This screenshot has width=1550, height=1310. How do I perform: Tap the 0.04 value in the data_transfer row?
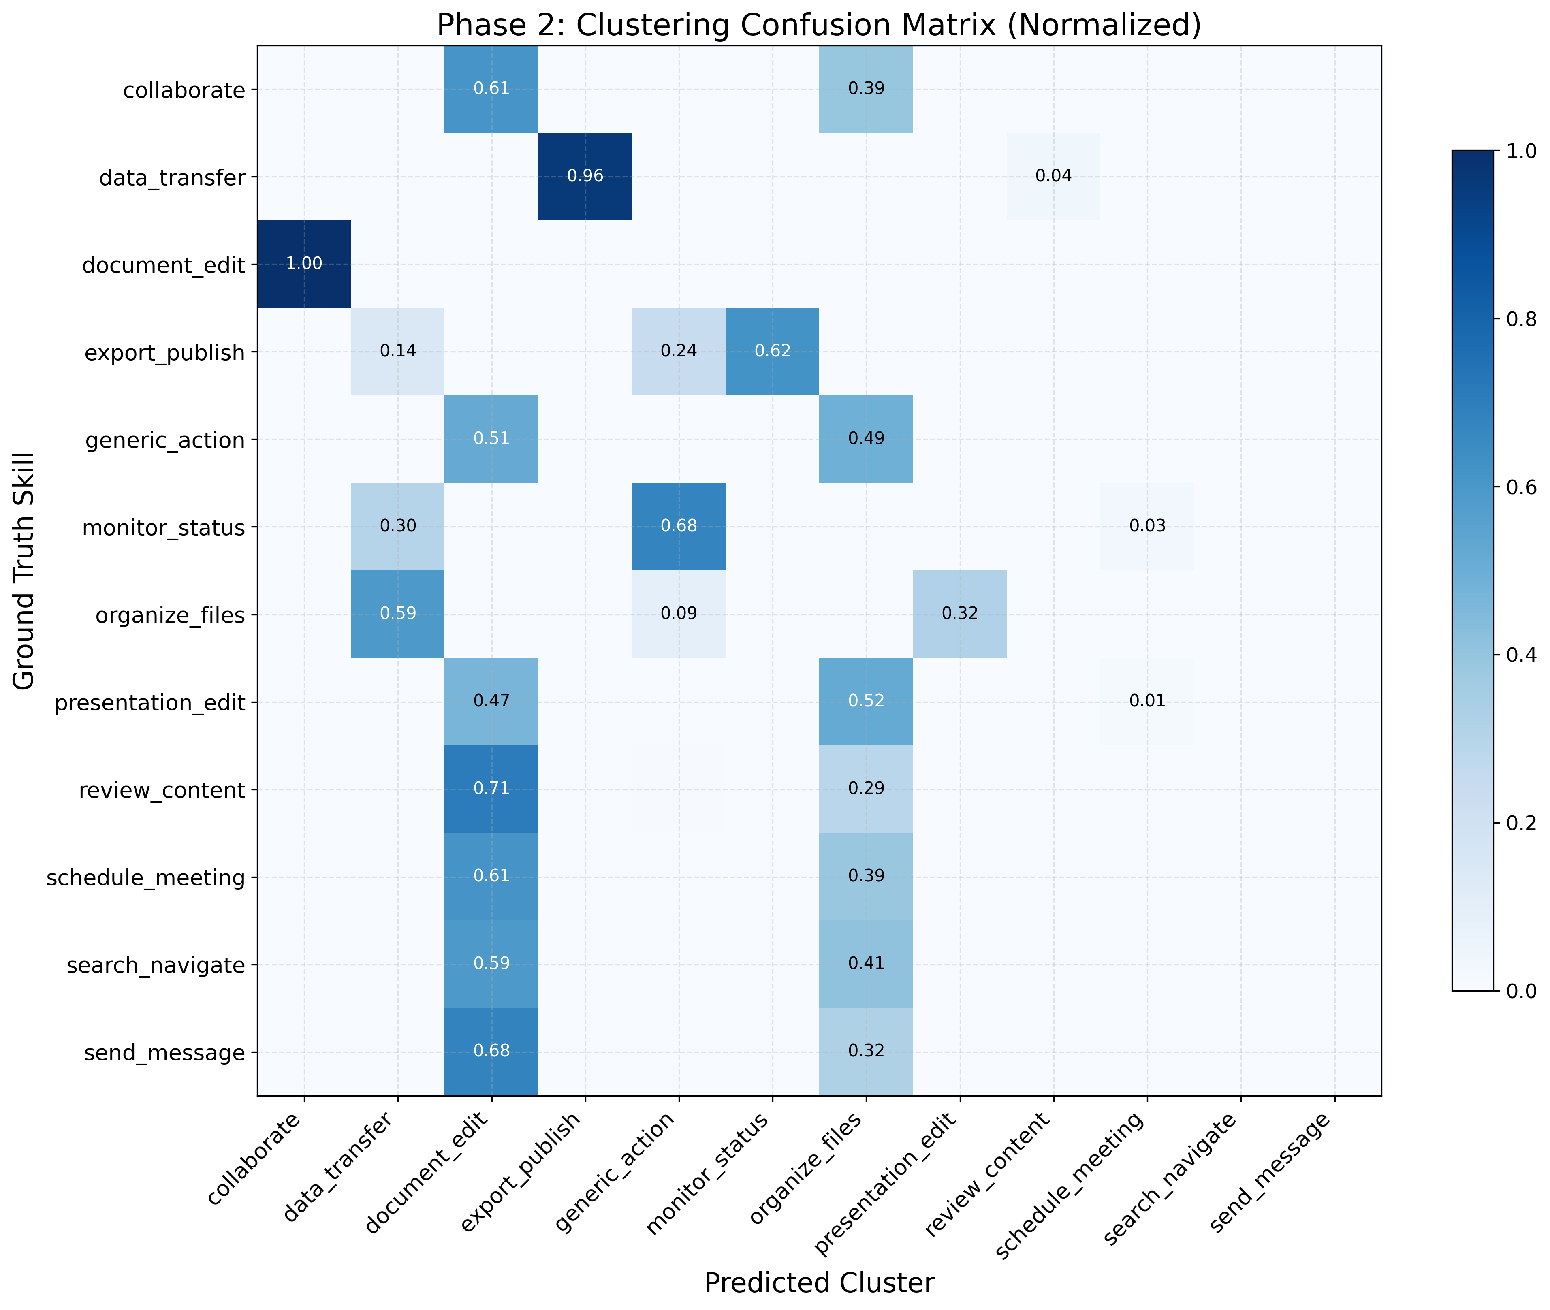click(x=1053, y=176)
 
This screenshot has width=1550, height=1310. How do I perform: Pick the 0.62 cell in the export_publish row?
click(x=773, y=351)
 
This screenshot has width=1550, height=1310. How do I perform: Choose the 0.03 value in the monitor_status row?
click(x=1147, y=527)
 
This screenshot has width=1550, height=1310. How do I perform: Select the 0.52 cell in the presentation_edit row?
click(x=866, y=701)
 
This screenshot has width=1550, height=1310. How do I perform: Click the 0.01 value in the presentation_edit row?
click(x=1147, y=701)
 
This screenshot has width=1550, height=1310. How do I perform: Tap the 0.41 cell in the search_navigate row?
click(x=866, y=964)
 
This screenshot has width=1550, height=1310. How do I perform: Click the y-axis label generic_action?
click(x=165, y=440)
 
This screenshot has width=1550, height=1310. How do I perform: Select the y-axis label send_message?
click(x=164, y=1053)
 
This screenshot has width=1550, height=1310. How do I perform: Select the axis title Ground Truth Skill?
click(x=24, y=570)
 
